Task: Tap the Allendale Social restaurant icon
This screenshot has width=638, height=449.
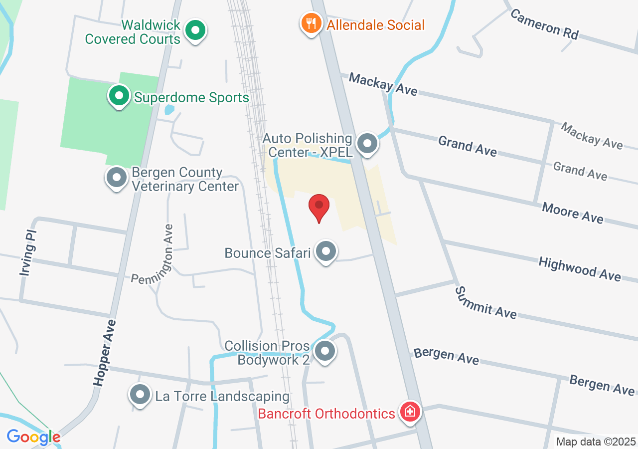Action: pyautogui.click(x=312, y=23)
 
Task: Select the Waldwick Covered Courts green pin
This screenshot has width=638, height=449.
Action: pyautogui.click(x=195, y=31)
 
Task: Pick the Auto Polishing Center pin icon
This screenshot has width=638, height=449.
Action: pyautogui.click(x=368, y=144)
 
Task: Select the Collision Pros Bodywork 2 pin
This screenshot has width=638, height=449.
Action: pyautogui.click(x=325, y=351)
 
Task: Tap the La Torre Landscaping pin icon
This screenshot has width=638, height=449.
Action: pyautogui.click(x=140, y=395)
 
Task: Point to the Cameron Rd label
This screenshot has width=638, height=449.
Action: pyautogui.click(x=544, y=24)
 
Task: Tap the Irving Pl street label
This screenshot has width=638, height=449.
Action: pyautogui.click(x=28, y=253)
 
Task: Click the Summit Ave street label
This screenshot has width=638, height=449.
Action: pyautogui.click(x=486, y=302)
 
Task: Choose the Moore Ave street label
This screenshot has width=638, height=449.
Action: pyautogui.click(x=573, y=213)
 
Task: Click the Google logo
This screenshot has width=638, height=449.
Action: pyautogui.click(x=33, y=437)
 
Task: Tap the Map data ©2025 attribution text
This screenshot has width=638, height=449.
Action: pyautogui.click(x=596, y=442)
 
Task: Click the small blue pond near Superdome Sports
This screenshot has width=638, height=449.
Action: pyautogui.click(x=169, y=109)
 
